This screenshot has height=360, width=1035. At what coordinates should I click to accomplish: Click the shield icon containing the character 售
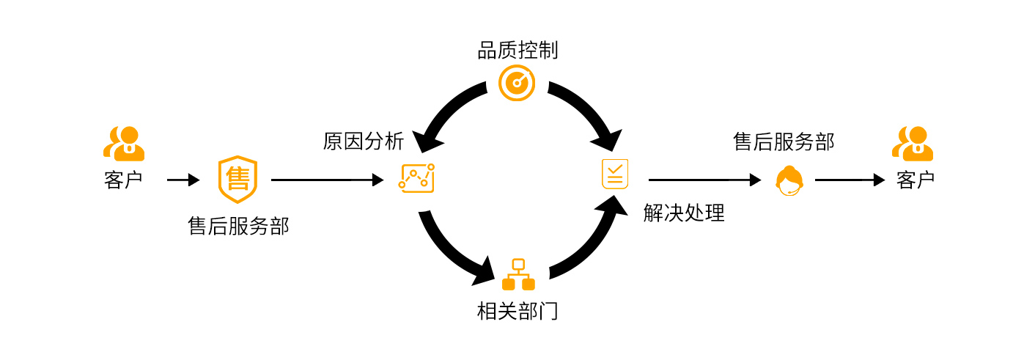[x=237, y=179]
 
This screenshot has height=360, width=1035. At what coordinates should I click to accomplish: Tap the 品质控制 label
[x=517, y=51]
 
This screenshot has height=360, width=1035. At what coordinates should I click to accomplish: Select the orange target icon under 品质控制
[x=517, y=83]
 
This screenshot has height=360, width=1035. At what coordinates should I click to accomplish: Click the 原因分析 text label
[x=363, y=142]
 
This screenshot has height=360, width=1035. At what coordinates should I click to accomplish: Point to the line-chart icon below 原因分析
[x=416, y=178]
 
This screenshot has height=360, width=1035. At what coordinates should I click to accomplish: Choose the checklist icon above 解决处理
[x=615, y=174]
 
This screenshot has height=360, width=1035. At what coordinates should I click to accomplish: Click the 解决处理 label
[x=683, y=213]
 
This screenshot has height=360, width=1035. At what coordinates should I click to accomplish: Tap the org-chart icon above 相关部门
[x=517, y=275]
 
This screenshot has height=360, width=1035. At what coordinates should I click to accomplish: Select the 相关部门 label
[x=517, y=312]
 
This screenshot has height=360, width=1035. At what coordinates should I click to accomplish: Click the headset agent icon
[x=789, y=181]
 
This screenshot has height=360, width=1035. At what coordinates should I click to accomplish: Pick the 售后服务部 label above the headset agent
[x=784, y=142]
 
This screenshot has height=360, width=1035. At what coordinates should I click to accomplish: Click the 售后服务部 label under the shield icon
[x=238, y=227]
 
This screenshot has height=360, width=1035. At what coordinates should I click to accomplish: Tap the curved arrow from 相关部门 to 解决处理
[x=590, y=246]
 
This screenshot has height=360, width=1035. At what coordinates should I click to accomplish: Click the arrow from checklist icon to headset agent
[x=704, y=180]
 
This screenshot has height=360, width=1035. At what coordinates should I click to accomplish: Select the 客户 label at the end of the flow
[x=915, y=180]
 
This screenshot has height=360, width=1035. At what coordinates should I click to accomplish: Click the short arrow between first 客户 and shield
[x=183, y=180]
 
